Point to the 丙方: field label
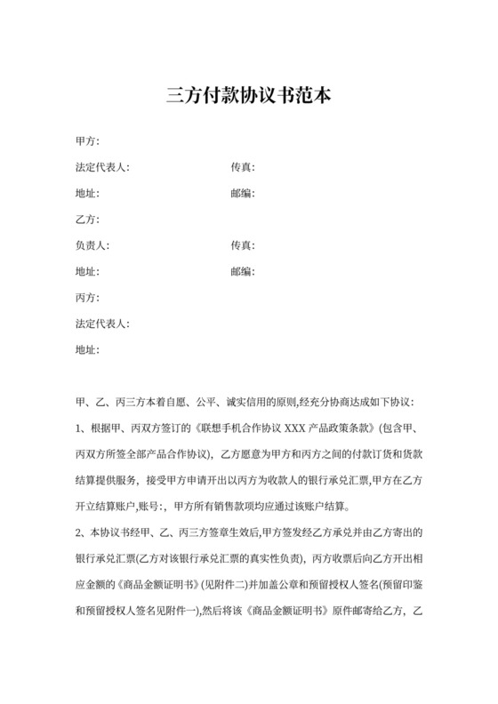pyautogui.click(x=88, y=298)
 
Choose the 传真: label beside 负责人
pyautogui.click(x=244, y=245)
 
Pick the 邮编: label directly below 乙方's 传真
pyautogui.click(x=244, y=271)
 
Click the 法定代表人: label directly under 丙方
pyautogui.click(x=103, y=324)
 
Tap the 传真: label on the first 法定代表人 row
pyautogui.click(x=244, y=167)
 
